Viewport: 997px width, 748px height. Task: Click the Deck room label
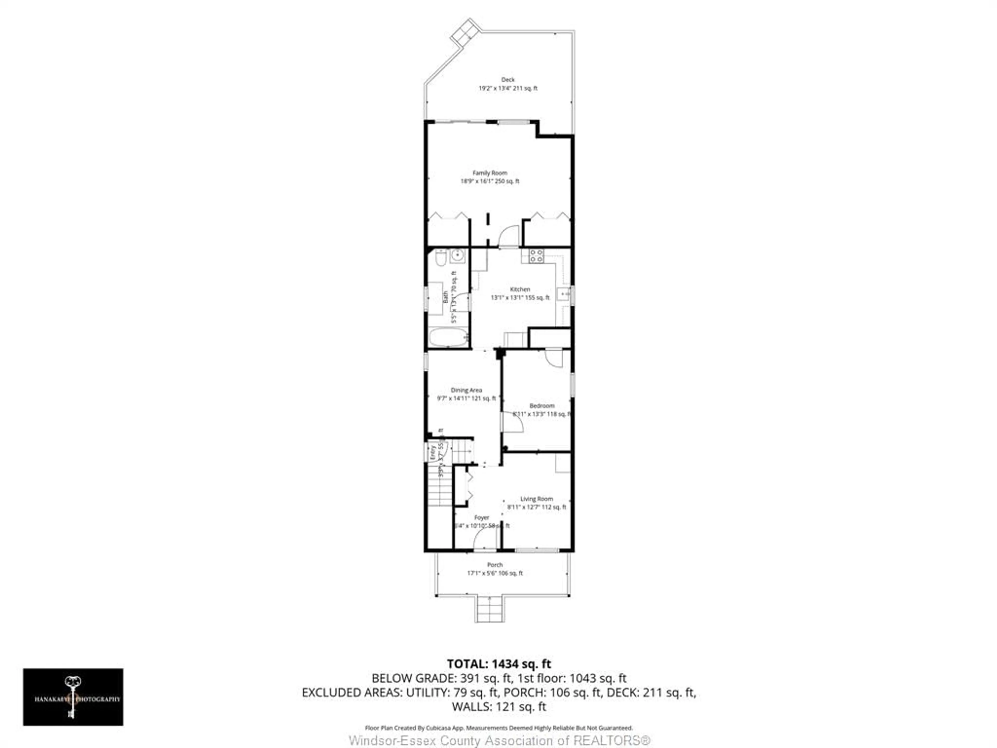tap(508, 79)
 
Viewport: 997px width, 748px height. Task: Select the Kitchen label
tap(520, 289)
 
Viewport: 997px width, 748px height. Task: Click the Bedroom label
tap(542, 405)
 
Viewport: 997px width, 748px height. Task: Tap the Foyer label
tap(481, 518)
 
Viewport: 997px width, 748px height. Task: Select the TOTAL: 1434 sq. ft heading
tap(498, 664)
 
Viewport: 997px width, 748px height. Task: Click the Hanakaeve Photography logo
tap(73, 697)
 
